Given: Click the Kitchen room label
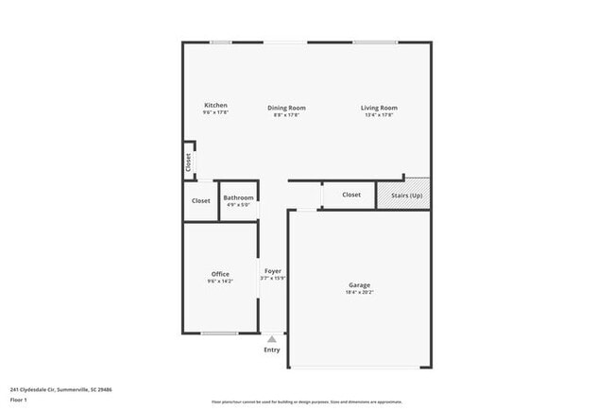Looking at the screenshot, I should point(215,105).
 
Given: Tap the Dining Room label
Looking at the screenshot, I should point(286,108).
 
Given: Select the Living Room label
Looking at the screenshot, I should point(379,108).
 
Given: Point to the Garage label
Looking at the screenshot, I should point(359,285).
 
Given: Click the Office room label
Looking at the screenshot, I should point(220,274).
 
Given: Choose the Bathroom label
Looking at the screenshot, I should point(238,197).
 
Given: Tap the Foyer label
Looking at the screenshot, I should point(272,271).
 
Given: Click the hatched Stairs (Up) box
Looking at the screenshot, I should point(403,196).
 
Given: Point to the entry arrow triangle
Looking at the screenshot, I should point(272,338).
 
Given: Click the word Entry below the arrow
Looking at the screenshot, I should point(272,350).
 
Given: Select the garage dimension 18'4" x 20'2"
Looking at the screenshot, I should point(359,293).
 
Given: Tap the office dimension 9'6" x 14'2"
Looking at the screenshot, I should point(220,282).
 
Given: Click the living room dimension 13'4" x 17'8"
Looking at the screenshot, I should point(379,115).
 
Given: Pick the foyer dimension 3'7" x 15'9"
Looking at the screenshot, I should point(272,279).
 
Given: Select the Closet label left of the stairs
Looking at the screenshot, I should point(351,196).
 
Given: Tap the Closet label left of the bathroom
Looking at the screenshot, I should point(201,201).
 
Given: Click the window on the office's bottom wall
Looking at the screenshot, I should point(219,333).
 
